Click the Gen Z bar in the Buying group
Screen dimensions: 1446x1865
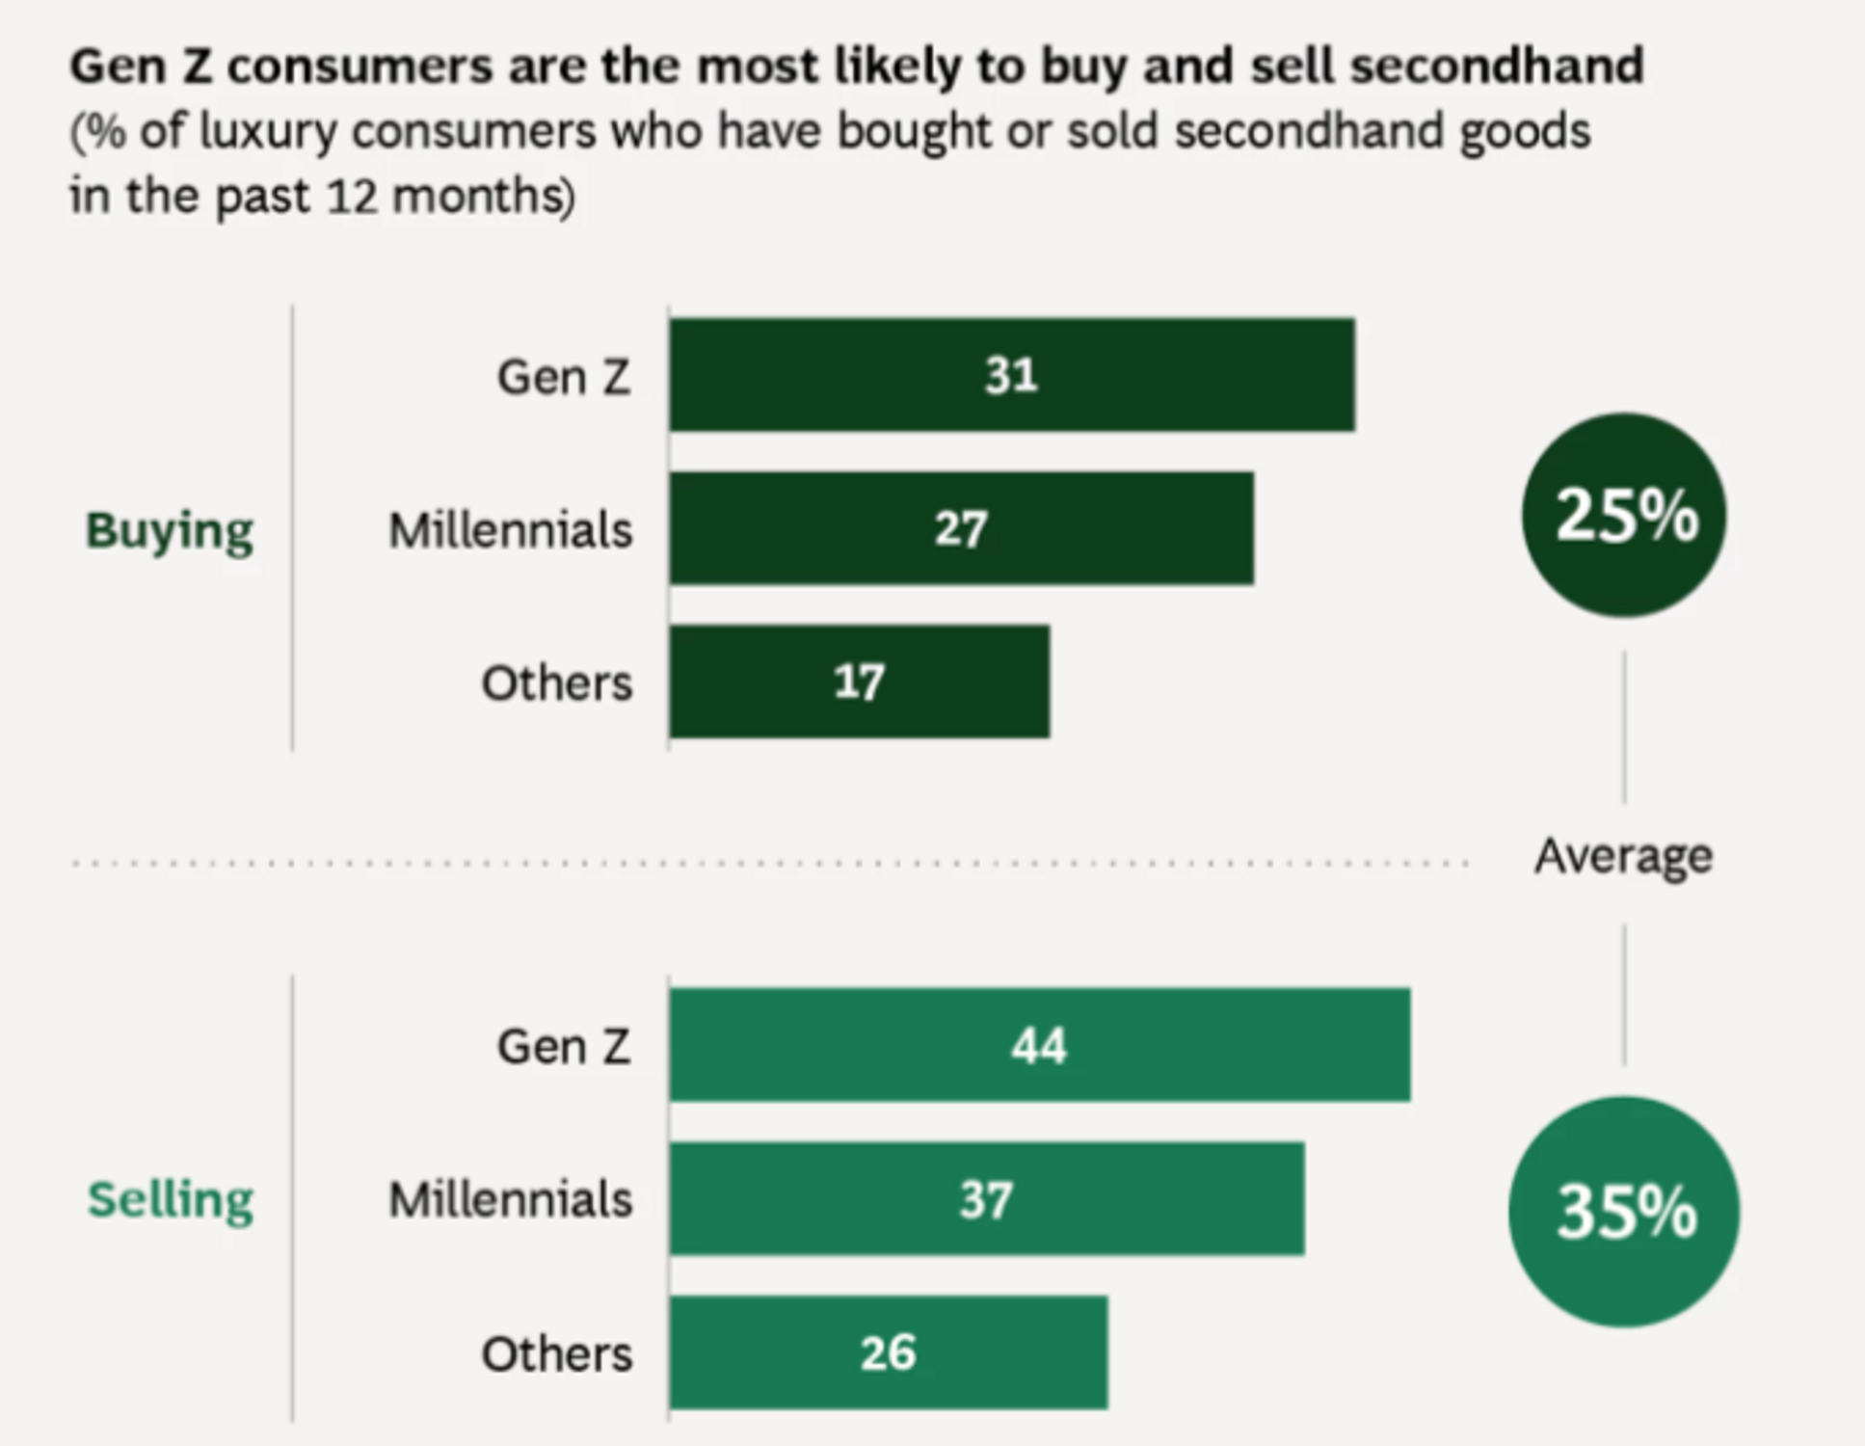click(x=1012, y=375)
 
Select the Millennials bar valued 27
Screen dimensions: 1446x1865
click(x=961, y=528)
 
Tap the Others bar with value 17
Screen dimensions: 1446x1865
click(x=859, y=683)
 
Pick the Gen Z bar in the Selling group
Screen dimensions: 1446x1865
click(x=1039, y=1045)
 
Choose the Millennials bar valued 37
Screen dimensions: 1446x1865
click(x=986, y=1199)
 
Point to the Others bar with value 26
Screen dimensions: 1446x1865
click(x=888, y=1352)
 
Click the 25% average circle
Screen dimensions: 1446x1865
click(x=1625, y=516)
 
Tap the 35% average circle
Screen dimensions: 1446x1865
click(x=1625, y=1212)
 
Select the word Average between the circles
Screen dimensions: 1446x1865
click(x=1623, y=856)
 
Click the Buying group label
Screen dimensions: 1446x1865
click(x=170, y=531)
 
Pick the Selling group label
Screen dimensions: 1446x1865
click(x=171, y=1200)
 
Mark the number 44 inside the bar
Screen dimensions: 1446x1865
click(x=1039, y=1046)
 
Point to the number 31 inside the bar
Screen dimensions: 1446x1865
click(x=1011, y=375)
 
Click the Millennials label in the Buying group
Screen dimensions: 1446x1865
click(x=510, y=530)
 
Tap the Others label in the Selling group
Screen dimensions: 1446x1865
click(x=556, y=1354)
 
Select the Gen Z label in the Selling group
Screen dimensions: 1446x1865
click(x=564, y=1047)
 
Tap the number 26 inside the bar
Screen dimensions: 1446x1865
click(x=888, y=1352)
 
